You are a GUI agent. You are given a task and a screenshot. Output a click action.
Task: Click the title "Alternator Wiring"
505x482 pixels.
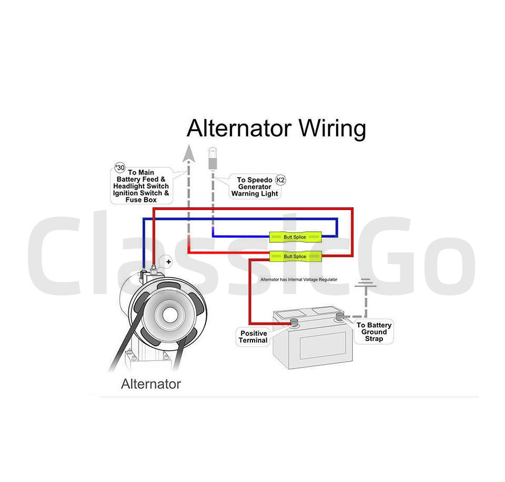(x=276, y=129)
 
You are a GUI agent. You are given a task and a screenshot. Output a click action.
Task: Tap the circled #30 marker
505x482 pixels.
(x=120, y=167)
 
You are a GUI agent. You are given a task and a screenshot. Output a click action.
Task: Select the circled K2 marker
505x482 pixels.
(x=281, y=180)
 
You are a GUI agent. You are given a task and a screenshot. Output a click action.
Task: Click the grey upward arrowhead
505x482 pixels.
(x=189, y=153)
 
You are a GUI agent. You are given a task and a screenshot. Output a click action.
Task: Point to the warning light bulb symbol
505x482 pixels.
(x=213, y=158)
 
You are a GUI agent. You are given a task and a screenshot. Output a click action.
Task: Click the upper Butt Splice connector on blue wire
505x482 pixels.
(x=295, y=237)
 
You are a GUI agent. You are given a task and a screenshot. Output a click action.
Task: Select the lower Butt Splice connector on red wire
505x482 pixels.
(x=295, y=256)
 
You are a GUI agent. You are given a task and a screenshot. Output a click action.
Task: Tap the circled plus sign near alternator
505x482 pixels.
(x=168, y=262)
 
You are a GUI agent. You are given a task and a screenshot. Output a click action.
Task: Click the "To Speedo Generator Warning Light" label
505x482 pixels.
(x=255, y=187)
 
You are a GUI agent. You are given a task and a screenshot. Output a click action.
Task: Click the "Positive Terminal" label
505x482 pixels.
(x=254, y=337)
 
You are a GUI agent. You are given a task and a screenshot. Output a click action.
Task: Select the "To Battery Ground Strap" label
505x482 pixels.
(x=374, y=332)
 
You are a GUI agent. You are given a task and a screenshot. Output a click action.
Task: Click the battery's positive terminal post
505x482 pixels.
(x=294, y=322)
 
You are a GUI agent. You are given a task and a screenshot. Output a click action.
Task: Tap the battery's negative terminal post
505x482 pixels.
(x=339, y=317)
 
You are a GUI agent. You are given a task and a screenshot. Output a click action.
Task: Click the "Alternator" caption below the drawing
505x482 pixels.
(x=151, y=384)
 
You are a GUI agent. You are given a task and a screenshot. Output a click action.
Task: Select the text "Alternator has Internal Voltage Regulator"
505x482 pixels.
(x=299, y=279)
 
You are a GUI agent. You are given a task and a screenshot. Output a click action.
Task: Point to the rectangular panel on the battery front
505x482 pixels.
(x=322, y=345)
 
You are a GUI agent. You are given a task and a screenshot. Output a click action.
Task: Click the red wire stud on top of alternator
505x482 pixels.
(x=154, y=268)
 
